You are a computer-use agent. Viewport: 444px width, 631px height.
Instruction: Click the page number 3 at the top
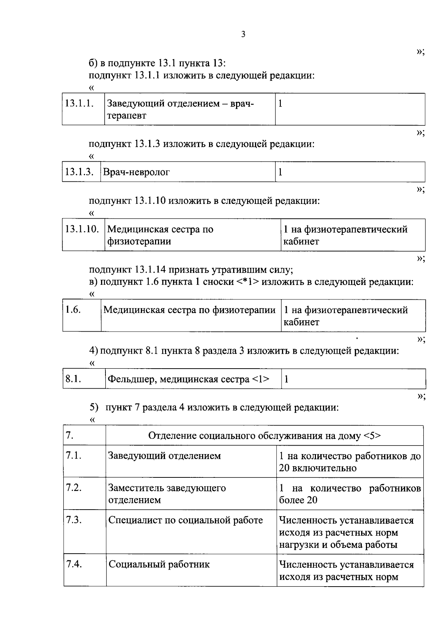pos(243,34)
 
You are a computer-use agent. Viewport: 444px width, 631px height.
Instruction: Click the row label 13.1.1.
pos(79,103)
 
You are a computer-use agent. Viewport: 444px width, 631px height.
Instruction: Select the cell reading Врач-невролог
pos(136,172)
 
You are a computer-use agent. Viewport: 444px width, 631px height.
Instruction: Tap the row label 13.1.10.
pos(82,229)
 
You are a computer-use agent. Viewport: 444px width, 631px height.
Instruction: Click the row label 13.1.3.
pos(79,172)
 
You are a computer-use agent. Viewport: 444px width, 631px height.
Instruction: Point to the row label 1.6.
pos(73,310)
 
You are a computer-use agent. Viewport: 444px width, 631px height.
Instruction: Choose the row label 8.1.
pos(73,379)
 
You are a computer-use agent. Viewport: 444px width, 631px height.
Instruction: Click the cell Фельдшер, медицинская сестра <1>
pos(188,379)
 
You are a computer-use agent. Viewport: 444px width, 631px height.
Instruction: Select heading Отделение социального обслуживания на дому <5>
pos(264,436)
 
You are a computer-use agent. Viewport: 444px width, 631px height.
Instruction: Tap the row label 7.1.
pos(74,456)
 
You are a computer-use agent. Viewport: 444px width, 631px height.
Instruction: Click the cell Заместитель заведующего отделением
pos(166,494)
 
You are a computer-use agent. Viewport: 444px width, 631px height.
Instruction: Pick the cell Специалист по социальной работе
pos(185,520)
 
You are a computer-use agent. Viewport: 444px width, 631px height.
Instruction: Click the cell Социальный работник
pos(159,564)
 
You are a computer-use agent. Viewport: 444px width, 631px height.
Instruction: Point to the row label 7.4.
pos(74,564)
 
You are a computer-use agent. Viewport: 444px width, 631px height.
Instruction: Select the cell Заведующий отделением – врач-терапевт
pos(181,109)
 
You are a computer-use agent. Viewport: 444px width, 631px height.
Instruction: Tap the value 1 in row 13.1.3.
pos(280,172)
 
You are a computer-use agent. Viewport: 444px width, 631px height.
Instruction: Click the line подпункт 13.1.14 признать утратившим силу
pos(191,270)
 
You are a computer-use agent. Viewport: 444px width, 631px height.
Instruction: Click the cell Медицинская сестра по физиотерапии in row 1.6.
pos(189,310)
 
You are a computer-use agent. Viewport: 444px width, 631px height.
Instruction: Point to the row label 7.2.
pos(74,488)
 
